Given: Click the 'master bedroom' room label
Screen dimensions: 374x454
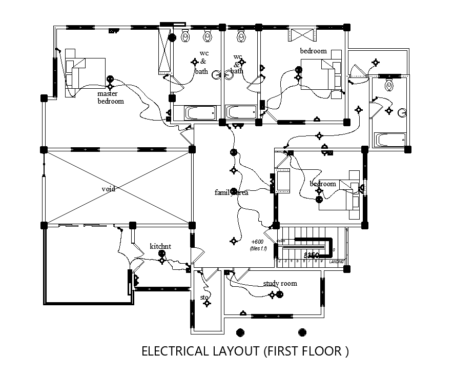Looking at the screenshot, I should [111, 97].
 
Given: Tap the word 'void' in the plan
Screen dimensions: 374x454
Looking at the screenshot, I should [108, 189].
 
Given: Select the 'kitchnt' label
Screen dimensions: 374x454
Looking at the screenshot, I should [160, 246].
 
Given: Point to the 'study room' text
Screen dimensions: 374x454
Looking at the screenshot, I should [280, 283].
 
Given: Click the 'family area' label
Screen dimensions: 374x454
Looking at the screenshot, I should [232, 192].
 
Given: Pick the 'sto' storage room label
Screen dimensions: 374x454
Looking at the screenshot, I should [205, 297].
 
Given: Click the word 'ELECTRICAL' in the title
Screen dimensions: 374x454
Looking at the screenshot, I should [174, 351].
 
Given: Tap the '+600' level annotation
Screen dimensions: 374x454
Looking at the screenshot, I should [257, 242].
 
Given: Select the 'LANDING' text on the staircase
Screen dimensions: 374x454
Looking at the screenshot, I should [336, 262].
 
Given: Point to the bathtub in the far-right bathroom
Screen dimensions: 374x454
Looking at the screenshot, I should [390, 140].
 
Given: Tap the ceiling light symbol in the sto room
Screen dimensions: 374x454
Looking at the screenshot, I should [207, 304].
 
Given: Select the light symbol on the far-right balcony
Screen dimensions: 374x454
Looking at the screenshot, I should [376, 63].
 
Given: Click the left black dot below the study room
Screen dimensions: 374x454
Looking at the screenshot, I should [239, 331].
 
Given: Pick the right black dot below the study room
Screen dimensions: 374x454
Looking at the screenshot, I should [302, 331].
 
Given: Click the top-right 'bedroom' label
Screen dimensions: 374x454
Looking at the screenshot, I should [313, 51].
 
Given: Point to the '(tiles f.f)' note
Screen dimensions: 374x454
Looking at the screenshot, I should [259, 249].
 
